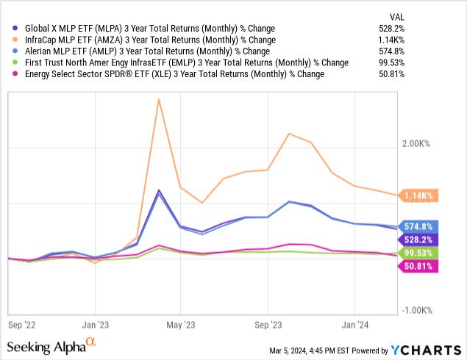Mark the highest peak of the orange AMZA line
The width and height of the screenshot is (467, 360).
[x=159, y=98]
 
